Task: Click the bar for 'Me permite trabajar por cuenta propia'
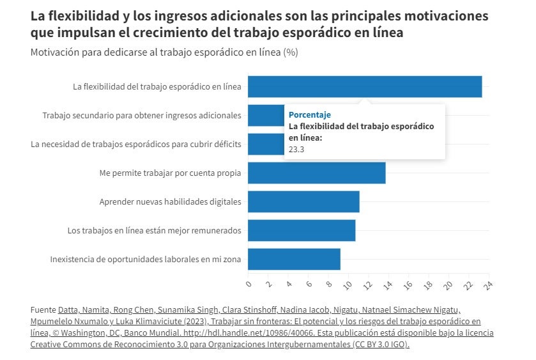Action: [316, 173]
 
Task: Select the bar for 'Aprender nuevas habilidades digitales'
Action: [303, 201]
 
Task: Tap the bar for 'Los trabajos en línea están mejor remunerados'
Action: [302, 230]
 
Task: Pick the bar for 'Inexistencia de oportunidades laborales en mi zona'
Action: [294, 259]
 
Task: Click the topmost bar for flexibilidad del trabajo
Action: [364, 86]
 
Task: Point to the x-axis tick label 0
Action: [249, 282]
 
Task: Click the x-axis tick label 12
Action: [369, 283]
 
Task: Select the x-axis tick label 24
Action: [489, 283]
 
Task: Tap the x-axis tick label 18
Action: [429, 283]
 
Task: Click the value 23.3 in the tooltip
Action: [296, 149]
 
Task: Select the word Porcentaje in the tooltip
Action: [310, 114]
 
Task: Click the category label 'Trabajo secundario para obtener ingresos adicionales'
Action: [142, 115]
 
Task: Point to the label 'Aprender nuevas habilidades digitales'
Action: [171, 201]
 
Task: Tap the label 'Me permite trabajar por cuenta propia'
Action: [171, 173]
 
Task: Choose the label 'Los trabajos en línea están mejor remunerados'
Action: [155, 230]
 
